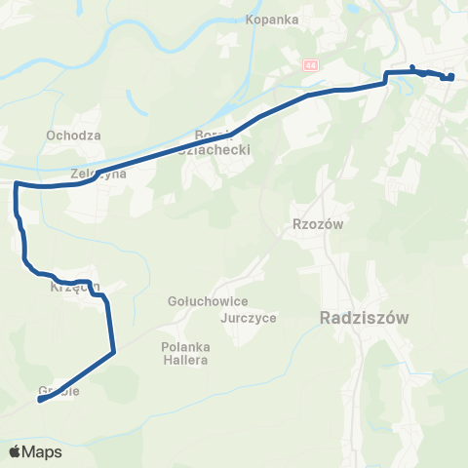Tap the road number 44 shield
pos(311,65)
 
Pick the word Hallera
pos(186,361)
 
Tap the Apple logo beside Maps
pos(16,451)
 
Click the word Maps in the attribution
pos(42,451)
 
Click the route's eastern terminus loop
pos(450,77)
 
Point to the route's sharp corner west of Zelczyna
pos(17,183)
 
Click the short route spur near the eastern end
pos(413,68)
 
